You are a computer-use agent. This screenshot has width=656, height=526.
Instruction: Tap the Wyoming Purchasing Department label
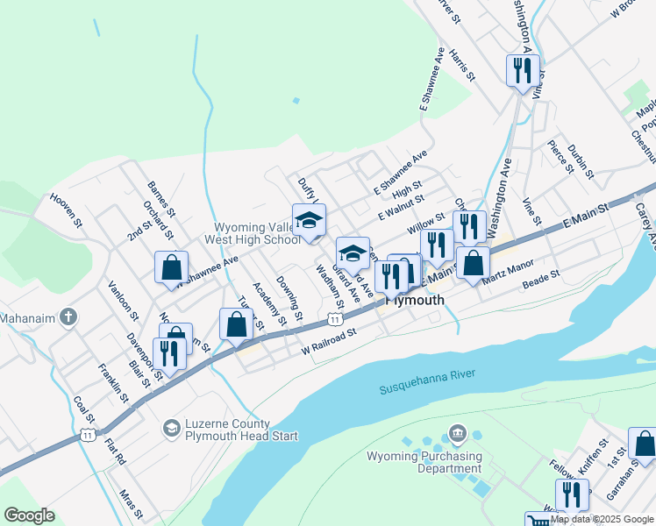424,462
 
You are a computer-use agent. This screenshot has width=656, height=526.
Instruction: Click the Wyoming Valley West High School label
252,232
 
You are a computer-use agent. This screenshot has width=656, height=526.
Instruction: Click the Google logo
30,515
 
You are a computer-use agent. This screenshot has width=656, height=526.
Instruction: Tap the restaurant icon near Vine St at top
523,70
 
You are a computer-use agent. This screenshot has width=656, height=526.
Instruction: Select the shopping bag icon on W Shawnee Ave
171,267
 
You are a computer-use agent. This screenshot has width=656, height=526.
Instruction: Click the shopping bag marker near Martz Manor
473,262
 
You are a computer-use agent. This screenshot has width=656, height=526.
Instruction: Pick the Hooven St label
66,211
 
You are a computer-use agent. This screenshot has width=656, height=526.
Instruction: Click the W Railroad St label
330,340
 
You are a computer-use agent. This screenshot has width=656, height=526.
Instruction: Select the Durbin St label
581,162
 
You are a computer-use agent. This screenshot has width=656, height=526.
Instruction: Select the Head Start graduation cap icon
172,428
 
